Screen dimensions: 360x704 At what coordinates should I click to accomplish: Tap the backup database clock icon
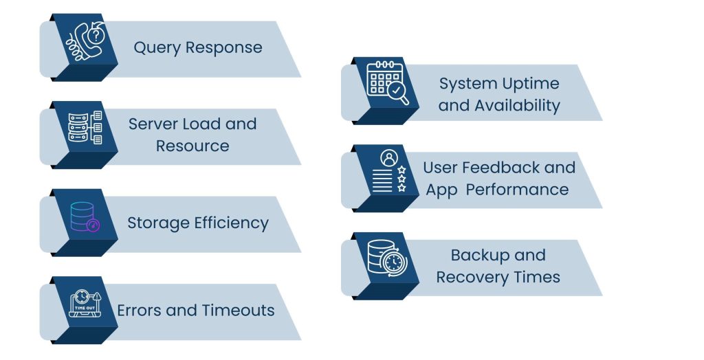pyautogui.click(x=387, y=260)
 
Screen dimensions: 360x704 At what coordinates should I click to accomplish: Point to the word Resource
pyautogui.click(x=192, y=146)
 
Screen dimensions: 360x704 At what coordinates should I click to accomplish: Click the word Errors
pyautogui.click(x=140, y=311)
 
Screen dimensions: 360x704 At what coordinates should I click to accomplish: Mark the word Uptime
pyautogui.click(x=530, y=85)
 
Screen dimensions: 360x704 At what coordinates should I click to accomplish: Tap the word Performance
pyautogui.click(x=517, y=190)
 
